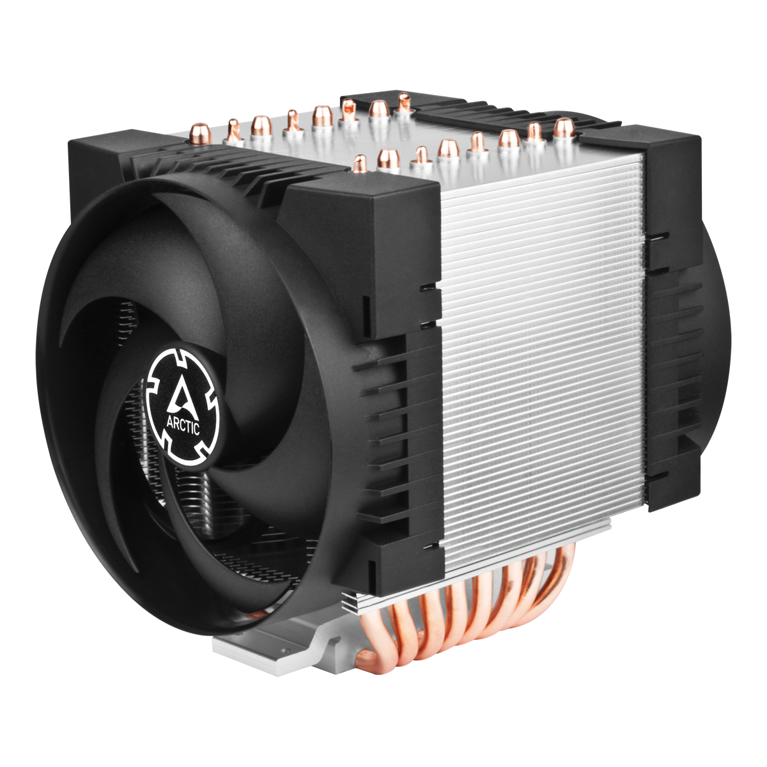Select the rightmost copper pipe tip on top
point(562,127)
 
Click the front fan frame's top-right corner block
point(364,256)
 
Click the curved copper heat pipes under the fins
point(473,614)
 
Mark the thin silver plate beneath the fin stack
point(486,562)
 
